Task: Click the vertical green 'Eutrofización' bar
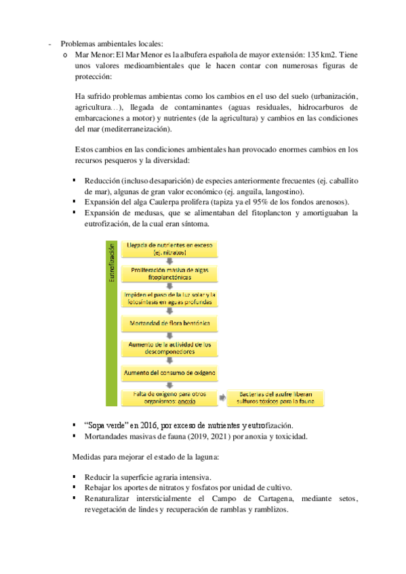(112, 322)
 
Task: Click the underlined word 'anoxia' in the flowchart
(187, 401)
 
